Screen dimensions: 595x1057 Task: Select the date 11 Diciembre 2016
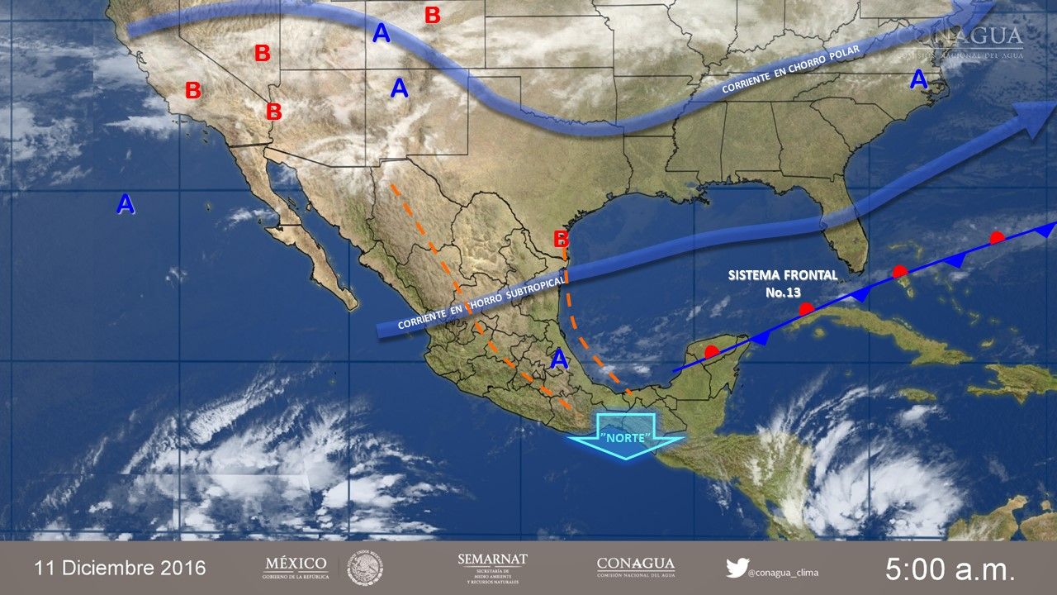click(120, 569)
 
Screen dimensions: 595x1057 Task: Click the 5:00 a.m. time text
click(950, 569)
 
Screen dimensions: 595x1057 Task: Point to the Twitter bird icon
click(737, 568)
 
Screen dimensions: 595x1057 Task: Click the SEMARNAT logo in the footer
click(492, 568)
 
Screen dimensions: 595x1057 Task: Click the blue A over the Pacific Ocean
click(126, 203)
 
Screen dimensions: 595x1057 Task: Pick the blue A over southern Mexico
click(559, 359)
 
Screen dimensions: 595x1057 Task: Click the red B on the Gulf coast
click(561, 240)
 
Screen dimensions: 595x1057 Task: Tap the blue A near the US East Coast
click(918, 80)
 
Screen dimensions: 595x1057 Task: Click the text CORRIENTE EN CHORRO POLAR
click(790, 72)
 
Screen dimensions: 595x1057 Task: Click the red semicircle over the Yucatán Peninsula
click(711, 351)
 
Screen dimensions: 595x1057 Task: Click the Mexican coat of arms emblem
click(364, 568)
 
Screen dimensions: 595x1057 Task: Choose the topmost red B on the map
click(432, 15)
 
